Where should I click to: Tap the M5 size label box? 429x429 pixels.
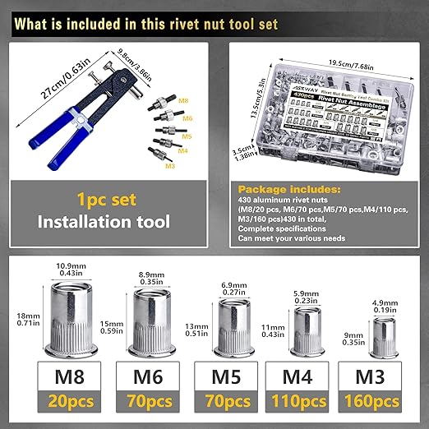click(x=222, y=381)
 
